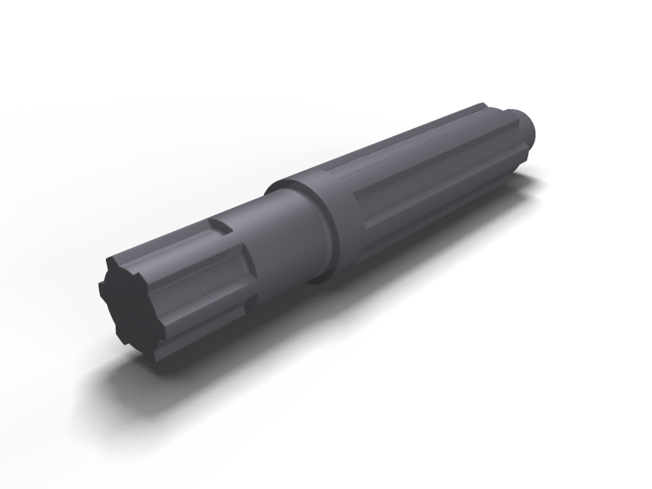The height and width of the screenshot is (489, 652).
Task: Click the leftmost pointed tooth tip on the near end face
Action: coord(102,287)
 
